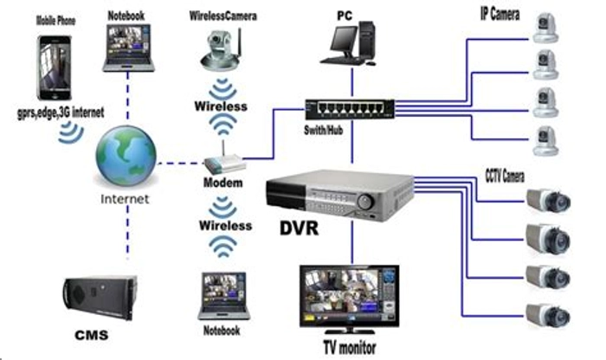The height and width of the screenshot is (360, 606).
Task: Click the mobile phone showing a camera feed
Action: pos(54,67)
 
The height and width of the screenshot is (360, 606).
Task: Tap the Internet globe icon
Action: pos(126,156)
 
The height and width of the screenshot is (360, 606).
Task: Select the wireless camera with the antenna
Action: pos(222,50)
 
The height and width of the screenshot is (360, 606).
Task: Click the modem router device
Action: pos(224,162)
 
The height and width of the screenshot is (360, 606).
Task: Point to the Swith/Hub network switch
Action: pos(350,109)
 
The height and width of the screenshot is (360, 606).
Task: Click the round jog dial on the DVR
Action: pos(365,202)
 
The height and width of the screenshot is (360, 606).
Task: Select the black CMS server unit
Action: pos(100,297)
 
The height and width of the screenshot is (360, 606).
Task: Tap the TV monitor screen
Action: pos(350,295)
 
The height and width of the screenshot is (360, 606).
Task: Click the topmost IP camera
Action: pos(545,28)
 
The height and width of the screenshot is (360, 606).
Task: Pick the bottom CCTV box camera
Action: pos(548,315)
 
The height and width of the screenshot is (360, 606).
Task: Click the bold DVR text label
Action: pos(300,228)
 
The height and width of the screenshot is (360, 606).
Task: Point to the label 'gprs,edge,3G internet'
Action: pos(61,112)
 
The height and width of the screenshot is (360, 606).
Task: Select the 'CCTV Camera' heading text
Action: pos(505,177)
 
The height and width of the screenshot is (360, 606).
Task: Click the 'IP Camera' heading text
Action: pos(500,15)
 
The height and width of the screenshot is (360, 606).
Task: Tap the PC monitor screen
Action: pos(344,39)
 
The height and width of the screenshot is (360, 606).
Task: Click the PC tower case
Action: pos(366,40)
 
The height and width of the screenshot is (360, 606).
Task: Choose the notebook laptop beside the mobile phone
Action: pos(128,48)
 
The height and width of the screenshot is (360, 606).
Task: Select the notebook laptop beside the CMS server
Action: pos(223,296)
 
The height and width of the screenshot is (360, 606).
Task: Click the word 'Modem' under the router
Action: pos(223,183)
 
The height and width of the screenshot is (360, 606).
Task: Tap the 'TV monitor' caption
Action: pos(350,348)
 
